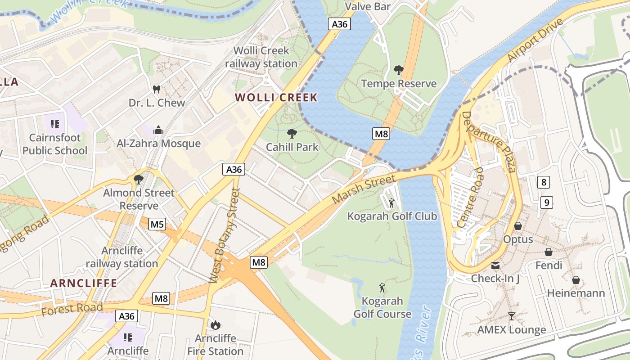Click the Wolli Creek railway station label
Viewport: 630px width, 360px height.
coord(261,57)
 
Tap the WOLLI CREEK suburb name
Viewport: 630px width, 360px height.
coord(276,98)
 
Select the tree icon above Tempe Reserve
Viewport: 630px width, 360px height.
coord(398,70)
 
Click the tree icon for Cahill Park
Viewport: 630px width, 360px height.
coord(292,133)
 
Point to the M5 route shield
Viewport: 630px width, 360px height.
coord(157,224)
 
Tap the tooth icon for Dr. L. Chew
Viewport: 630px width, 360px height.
coord(157,90)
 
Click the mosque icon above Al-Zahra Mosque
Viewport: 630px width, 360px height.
coord(158,130)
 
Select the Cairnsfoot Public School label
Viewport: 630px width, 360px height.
coord(55,144)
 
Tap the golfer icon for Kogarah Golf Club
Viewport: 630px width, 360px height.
coord(391,203)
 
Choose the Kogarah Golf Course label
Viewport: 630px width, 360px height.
coord(382,307)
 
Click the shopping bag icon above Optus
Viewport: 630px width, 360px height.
coord(518,226)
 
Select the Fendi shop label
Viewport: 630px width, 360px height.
coord(549,265)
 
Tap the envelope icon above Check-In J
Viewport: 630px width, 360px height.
coord(495,265)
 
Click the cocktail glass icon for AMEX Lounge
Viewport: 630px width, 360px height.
coord(511,316)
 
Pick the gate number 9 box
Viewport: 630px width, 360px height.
coord(546,203)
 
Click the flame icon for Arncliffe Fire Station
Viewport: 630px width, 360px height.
coord(216,325)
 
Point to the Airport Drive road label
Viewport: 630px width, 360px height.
coord(535,40)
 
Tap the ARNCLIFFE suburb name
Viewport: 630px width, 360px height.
coord(84,283)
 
